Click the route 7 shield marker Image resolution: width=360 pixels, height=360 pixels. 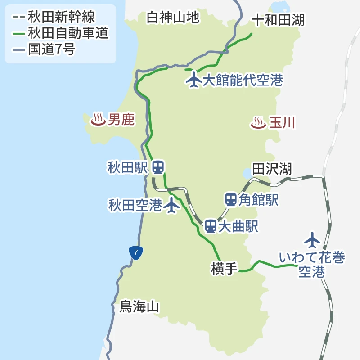[135, 252]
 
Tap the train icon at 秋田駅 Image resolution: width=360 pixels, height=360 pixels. [157, 167]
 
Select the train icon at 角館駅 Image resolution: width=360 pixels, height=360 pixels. [231, 199]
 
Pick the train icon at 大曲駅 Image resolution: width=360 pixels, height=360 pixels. [210, 226]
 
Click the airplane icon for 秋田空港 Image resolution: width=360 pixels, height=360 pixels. [171, 205]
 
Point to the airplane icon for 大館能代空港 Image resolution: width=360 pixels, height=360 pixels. [194, 80]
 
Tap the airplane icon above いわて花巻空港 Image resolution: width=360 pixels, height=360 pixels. [312, 240]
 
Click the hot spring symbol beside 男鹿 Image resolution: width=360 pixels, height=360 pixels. [98, 120]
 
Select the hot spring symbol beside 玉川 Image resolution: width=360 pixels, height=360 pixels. [258, 122]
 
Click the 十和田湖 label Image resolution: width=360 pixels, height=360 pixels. [278, 20]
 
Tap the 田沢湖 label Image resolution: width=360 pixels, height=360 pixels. [272, 169]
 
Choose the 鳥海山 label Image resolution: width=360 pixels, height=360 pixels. [139, 307]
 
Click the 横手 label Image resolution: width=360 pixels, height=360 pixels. [224, 269]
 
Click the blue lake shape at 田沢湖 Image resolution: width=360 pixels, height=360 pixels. [247, 172]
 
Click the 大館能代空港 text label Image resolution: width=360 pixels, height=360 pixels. [243, 80]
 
